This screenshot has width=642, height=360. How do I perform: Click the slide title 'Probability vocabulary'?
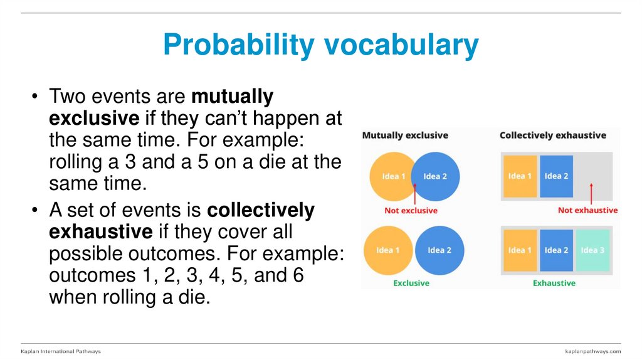point(320,45)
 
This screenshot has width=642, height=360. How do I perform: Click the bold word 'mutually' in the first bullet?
point(232,97)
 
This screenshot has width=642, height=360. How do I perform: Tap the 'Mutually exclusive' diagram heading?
point(405,135)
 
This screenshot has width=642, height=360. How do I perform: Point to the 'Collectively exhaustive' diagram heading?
point(552,135)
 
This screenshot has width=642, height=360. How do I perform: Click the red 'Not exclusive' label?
point(411,211)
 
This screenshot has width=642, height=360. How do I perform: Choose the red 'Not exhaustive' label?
point(587,211)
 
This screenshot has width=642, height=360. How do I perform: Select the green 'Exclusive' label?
point(411,283)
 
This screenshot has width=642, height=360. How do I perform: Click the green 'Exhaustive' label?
point(554,283)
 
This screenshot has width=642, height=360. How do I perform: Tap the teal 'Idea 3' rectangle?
point(592,250)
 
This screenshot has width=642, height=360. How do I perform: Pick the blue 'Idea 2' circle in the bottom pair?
point(439,250)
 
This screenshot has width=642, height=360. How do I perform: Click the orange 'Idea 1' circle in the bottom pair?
point(387,250)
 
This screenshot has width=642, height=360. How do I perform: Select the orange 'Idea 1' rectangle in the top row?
point(520,176)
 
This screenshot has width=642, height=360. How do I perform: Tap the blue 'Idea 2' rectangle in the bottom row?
point(556,250)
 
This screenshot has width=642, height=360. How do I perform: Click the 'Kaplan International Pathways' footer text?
point(61,351)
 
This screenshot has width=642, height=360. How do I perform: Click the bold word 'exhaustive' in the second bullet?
point(100,232)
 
